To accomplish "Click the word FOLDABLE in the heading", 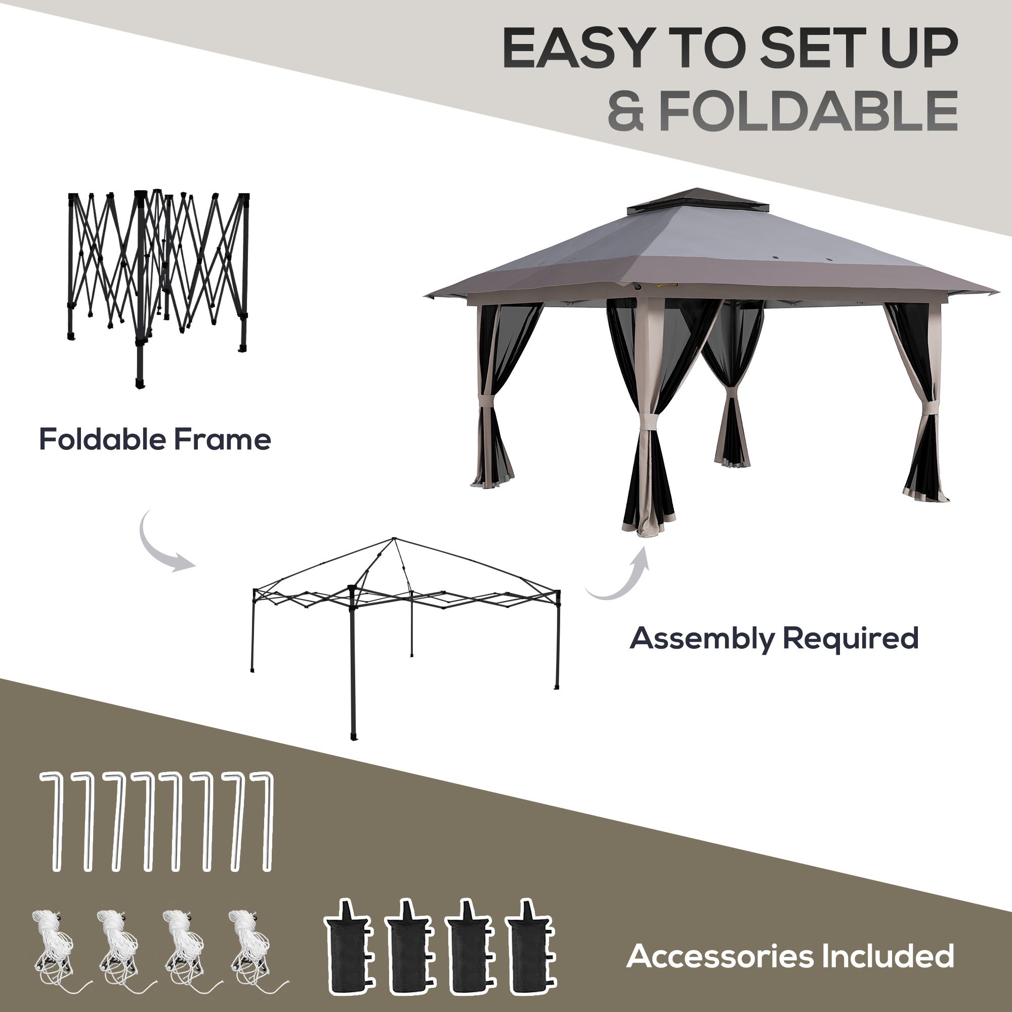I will pos(808,111).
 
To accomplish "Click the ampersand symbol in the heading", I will pos(626,111).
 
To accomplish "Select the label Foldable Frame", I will pos(155,440).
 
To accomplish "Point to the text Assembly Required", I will pos(774,639).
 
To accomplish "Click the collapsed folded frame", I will pos(157,278).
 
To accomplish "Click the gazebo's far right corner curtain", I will pos(924,403).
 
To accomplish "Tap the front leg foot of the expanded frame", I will pos(355,736).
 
